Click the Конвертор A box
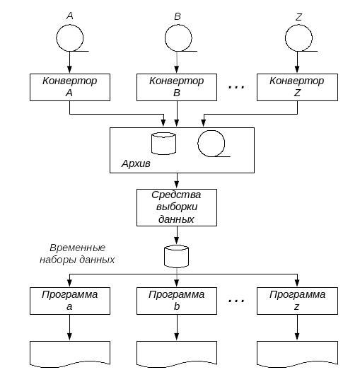point(70,87)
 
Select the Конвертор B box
point(177,87)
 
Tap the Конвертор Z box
point(297,87)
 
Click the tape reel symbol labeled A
point(70,38)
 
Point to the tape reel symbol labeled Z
point(298,38)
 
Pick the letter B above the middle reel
point(178,16)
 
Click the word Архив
point(136,163)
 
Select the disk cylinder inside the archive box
point(163,144)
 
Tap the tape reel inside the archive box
point(211,143)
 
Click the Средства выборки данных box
point(177,207)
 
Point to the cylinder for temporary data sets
point(177,256)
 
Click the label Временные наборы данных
point(77,254)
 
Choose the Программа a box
point(70,301)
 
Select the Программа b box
point(177,301)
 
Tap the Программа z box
point(297,301)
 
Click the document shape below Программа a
point(70,354)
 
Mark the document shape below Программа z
point(297,354)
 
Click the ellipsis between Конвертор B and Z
point(236,87)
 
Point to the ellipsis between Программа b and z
point(236,301)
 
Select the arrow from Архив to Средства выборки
point(177,181)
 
